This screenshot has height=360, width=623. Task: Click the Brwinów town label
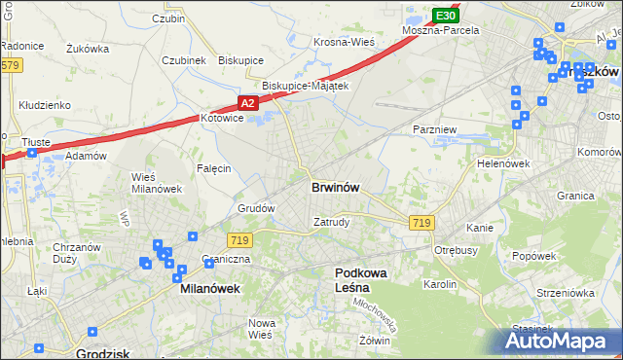pos(338,187)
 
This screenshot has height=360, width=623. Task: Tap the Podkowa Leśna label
pos(361,281)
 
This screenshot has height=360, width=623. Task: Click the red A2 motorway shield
pos(248,102)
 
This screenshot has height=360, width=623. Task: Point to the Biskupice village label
pos(240,60)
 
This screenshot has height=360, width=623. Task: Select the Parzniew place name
pos(434,129)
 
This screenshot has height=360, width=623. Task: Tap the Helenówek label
pos(502,163)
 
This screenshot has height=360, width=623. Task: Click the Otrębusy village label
pos(456,249)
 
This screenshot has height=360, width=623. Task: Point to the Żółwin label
pos(375,341)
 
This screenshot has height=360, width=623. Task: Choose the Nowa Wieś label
pos(260,328)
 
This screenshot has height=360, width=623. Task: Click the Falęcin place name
pos(214,168)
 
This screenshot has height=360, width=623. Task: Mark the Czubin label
pos(168,18)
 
